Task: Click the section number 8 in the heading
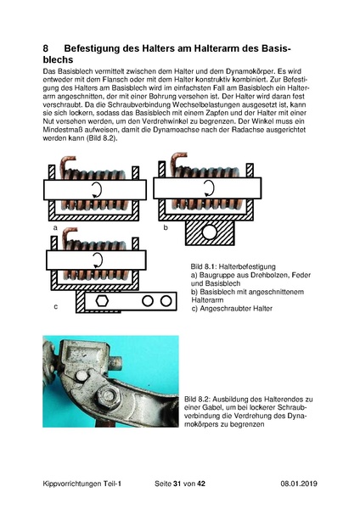pyautogui.click(x=46, y=48)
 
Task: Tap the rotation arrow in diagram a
pyautogui.click(x=97, y=189)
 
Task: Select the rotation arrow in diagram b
pyautogui.click(x=209, y=188)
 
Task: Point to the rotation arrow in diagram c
pyautogui.click(x=97, y=260)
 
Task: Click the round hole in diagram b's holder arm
pyautogui.click(x=209, y=232)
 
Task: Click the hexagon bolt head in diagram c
pyautogui.click(x=102, y=301)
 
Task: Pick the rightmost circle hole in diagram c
pyautogui.click(x=166, y=301)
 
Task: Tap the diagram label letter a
pyautogui.click(x=55, y=228)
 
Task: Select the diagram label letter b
pyautogui.click(x=166, y=227)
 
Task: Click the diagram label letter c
pyautogui.click(x=56, y=306)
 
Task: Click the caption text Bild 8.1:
pyautogui.click(x=204, y=267)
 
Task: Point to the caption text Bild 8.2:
pyautogui.click(x=198, y=400)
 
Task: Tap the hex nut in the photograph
pyautogui.click(x=107, y=396)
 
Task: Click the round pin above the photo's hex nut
pyautogui.click(x=82, y=376)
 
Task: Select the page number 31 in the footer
pyautogui.click(x=177, y=484)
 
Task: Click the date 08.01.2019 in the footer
pyautogui.click(x=299, y=484)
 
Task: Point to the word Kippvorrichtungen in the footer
pyautogui.click(x=72, y=484)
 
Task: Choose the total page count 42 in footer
pyautogui.click(x=201, y=484)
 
